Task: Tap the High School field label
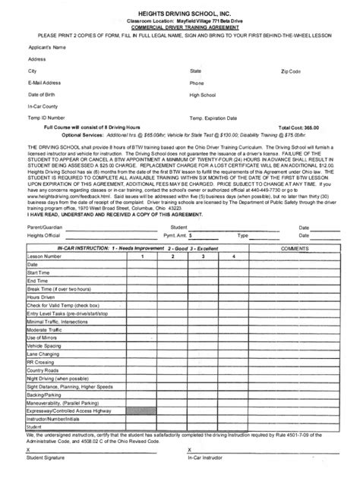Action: pos(203,95)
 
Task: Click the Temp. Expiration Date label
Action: pos(220,119)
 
